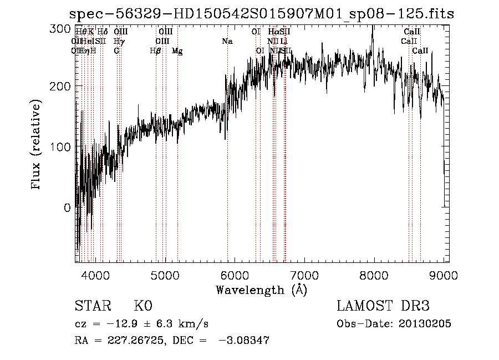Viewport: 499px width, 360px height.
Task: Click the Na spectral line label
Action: pos(227,41)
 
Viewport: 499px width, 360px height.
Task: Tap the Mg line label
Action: pos(177,51)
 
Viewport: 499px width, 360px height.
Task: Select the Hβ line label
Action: pos(156,50)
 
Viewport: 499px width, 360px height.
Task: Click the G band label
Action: pos(116,50)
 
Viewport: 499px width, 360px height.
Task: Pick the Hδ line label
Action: pos(103,32)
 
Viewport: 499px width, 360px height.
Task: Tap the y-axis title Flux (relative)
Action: pos(37,146)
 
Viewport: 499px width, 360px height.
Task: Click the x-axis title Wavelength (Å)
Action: pos(261,290)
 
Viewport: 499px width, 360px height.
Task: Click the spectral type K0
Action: pos(142,307)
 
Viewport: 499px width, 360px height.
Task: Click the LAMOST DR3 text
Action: pos(383,307)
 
